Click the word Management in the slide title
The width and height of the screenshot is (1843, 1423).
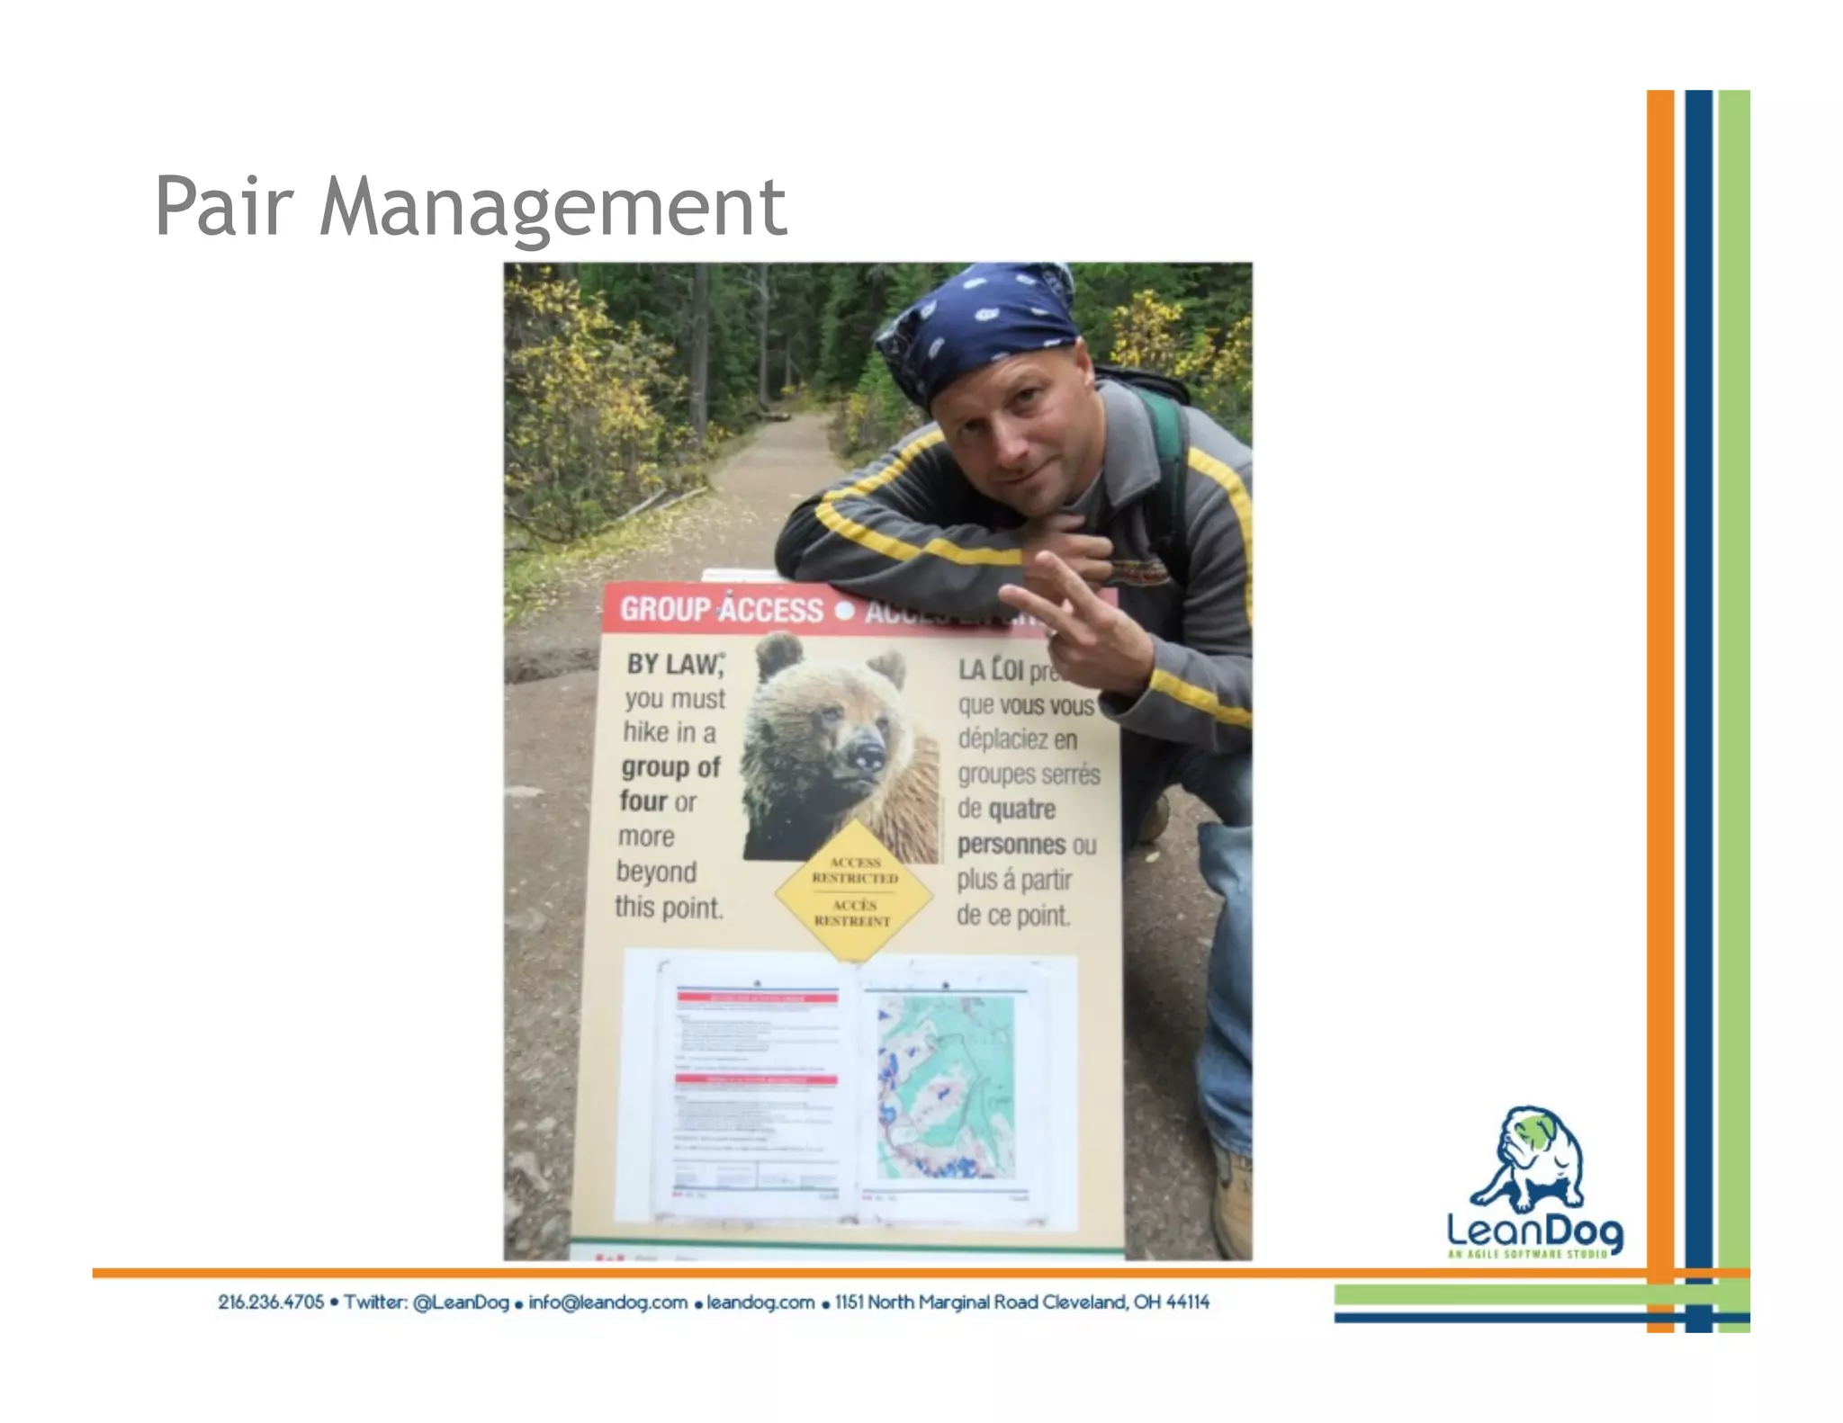point(553,209)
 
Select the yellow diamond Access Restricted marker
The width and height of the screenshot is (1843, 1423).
point(853,891)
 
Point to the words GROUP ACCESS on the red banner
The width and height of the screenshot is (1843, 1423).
point(721,610)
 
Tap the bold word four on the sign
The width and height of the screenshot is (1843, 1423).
point(643,801)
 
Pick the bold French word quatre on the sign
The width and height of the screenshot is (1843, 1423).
point(1021,810)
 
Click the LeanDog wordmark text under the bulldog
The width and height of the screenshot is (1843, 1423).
point(1534,1231)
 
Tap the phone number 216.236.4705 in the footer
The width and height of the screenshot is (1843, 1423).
point(271,1302)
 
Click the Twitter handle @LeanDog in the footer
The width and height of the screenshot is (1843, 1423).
point(461,1302)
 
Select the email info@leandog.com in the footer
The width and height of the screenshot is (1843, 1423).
point(607,1302)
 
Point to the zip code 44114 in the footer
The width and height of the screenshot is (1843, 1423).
point(1187,1302)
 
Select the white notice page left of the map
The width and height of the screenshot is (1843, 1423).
point(757,1088)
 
